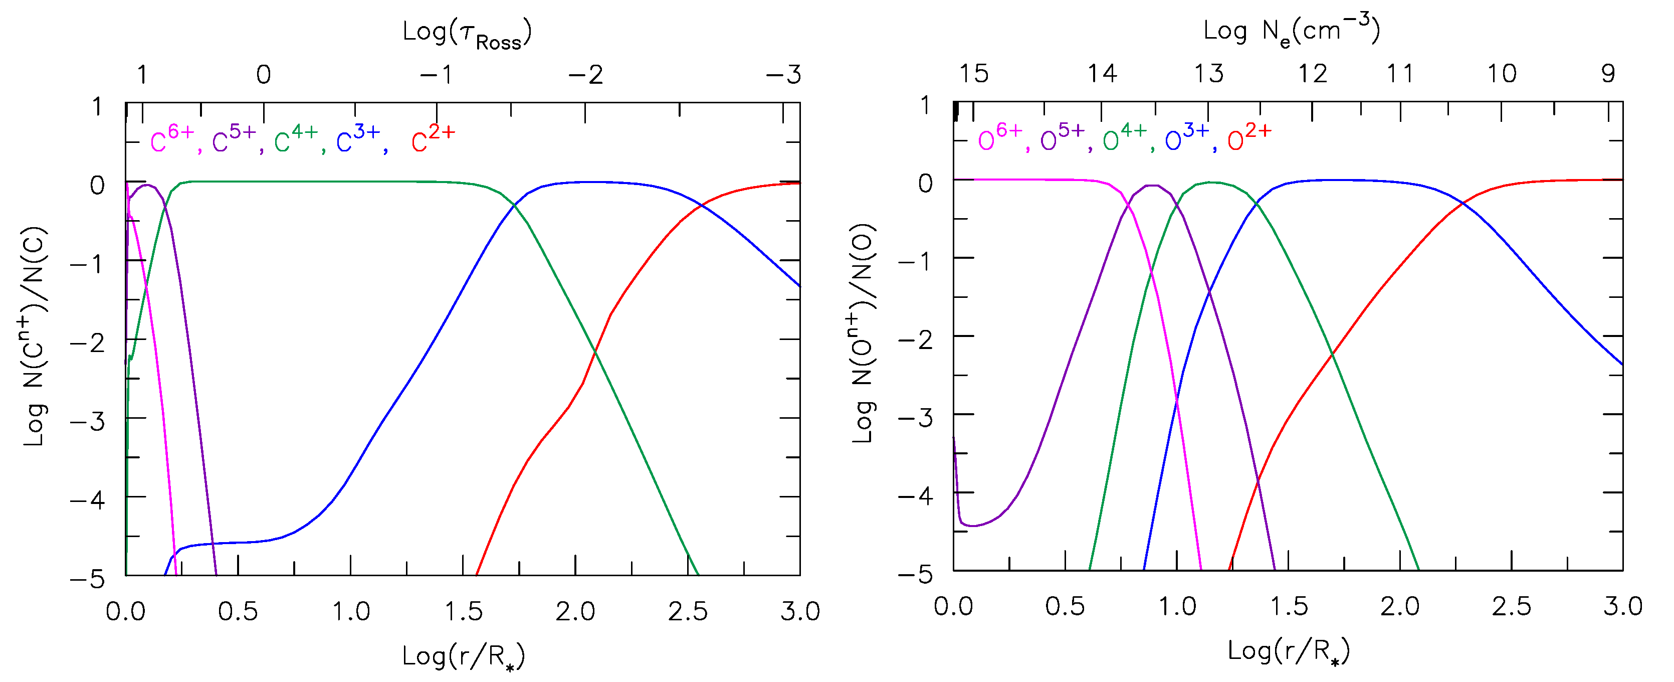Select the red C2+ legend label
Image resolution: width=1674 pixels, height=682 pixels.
tap(433, 139)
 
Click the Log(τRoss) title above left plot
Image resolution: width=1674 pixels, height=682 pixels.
tap(467, 34)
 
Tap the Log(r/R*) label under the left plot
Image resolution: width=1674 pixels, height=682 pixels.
tap(463, 656)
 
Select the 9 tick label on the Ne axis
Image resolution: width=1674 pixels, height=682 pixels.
tap(1608, 74)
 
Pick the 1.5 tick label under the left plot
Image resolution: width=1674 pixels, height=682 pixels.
tap(463, 612)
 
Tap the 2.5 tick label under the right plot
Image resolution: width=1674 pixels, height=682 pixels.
tap(1511, 607)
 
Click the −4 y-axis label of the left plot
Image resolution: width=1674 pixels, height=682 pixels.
tap(88, 500)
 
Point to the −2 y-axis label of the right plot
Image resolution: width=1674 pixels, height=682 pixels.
tap(916, 338)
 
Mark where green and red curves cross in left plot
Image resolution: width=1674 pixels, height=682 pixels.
tap(594, 352)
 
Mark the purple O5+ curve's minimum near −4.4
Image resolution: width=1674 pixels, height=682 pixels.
tap(973, 526)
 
